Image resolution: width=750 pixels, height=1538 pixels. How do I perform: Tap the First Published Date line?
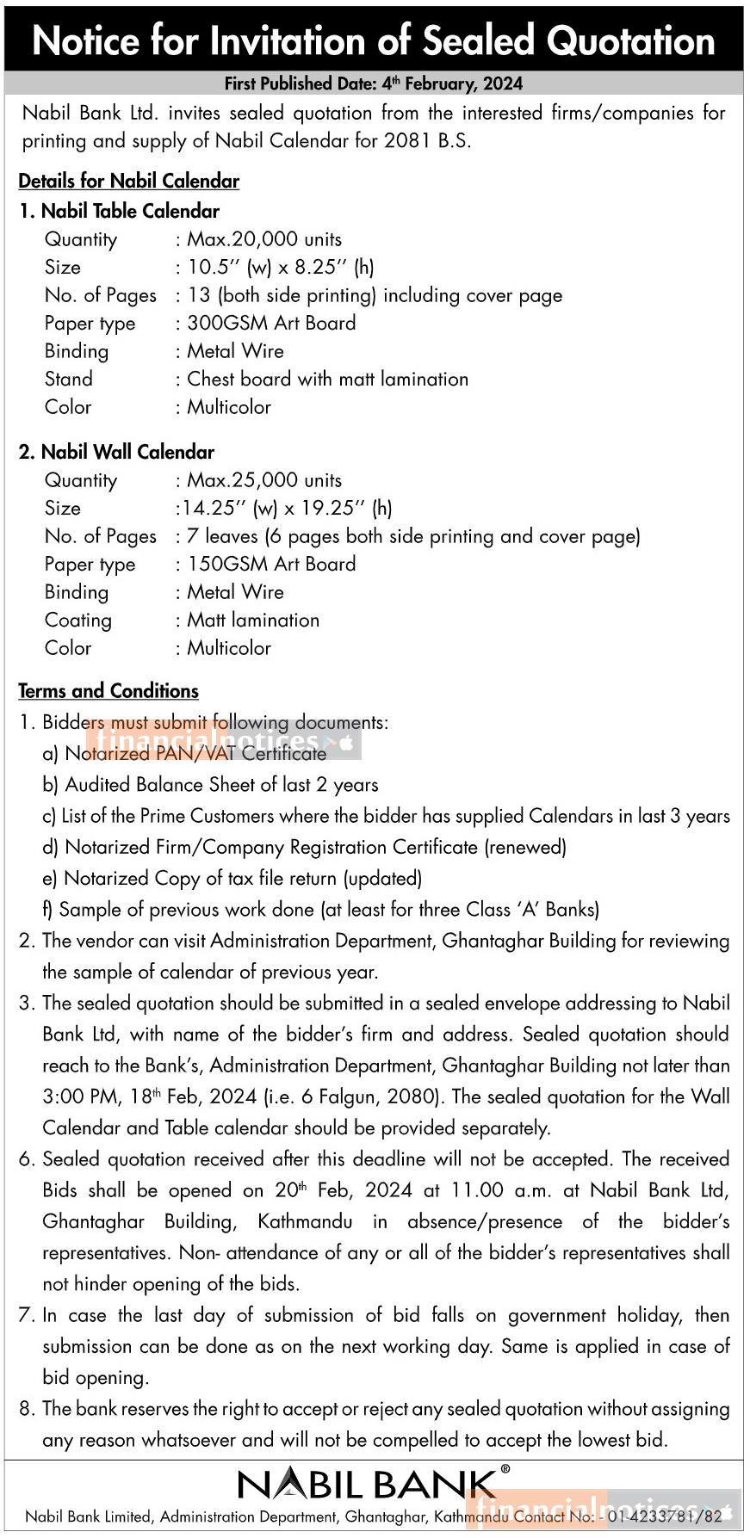(x=374, y=83)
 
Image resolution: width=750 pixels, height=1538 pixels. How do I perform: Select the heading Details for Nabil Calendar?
(x=129, y=181)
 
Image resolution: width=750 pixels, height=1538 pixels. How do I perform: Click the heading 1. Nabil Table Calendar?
(x=120, y=211)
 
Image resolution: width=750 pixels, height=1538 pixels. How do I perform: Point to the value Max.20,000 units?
(x=264, y=239)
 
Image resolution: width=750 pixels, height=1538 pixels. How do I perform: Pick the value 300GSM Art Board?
(x=271, y=323)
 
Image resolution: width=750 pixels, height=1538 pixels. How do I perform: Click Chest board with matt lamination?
(x=327, y=379)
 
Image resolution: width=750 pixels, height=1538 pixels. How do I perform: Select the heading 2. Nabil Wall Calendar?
(x=117, y=452)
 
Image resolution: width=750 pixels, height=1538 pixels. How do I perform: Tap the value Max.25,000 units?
(x=264, y=480)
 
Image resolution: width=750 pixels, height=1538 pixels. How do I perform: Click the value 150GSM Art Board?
(x=271, y=564)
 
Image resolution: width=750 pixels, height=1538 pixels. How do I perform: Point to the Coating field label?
(x=78, y=620)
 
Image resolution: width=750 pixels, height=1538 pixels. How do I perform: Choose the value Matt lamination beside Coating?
(x=253, y=620)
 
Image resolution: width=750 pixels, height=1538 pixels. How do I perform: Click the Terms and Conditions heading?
(x=108, y=691)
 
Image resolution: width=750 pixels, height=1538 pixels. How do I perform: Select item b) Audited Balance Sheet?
(x=210, y=784)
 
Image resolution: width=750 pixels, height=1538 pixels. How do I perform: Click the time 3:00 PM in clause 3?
(x=81, y=1096)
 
